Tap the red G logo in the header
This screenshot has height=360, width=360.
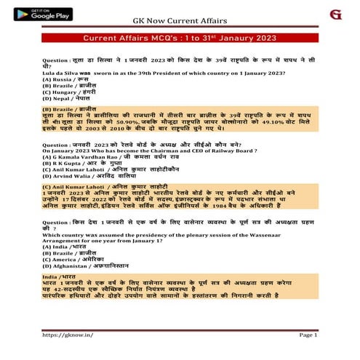[x=335, y=15]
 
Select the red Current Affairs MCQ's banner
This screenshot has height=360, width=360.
[x=180, y=36]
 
